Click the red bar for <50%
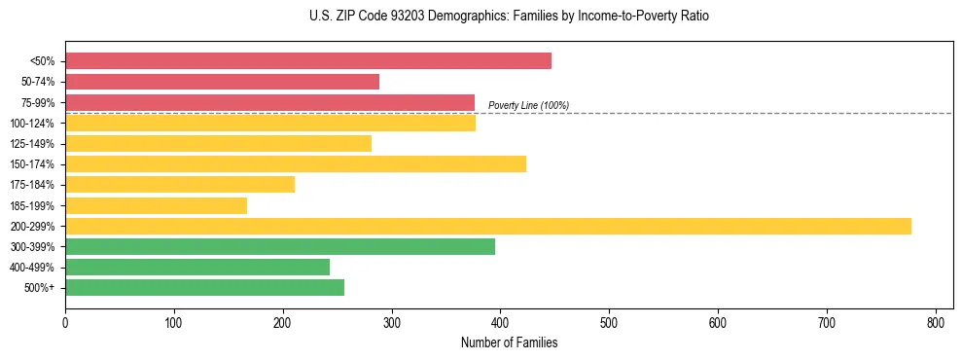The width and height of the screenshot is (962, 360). coord(307,60)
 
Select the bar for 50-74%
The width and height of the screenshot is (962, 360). coord(222,82)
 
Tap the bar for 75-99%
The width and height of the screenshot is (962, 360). coord(269,102)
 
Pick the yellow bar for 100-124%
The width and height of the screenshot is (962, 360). coord(269,123)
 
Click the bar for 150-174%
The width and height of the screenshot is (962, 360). coord(295,163)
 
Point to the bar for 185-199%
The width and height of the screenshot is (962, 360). coord(156,205)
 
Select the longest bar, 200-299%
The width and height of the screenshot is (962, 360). coord(487,226)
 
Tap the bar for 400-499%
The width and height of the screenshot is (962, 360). coord(197,267)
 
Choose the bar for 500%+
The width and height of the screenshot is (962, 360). coord(204,287)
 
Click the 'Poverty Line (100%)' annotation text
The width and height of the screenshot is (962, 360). coord(528,105)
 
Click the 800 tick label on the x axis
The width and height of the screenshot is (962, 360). coord(936,322)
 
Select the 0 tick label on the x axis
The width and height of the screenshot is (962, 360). coord(65,322)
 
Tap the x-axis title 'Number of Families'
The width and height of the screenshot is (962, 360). coord(509,342)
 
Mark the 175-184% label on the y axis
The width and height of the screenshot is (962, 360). coord(32,185)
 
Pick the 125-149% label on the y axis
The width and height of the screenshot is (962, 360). coord(32,144)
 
